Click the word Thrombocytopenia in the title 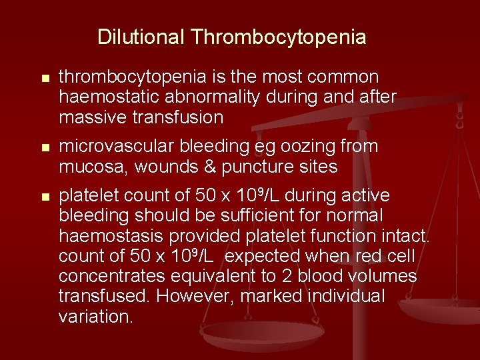point(278,36)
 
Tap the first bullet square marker point(45,79)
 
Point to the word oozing point(311,147)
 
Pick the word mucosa point(91,166)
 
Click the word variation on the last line point(96,316)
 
